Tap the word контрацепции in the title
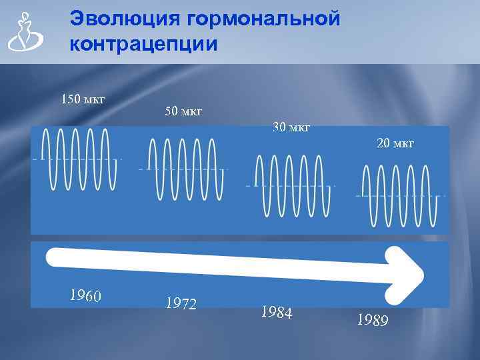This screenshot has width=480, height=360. [143, 45]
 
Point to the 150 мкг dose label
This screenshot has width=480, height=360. [83, 100]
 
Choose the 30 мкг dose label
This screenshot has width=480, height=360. [291, 127]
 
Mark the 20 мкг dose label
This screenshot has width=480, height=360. [395, 143]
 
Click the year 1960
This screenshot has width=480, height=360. [85, 295]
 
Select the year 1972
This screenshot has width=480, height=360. [181, 304]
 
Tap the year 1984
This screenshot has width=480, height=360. [277, 312]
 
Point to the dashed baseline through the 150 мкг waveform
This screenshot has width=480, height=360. [37, 159]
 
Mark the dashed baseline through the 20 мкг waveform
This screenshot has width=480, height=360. [359, 196]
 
